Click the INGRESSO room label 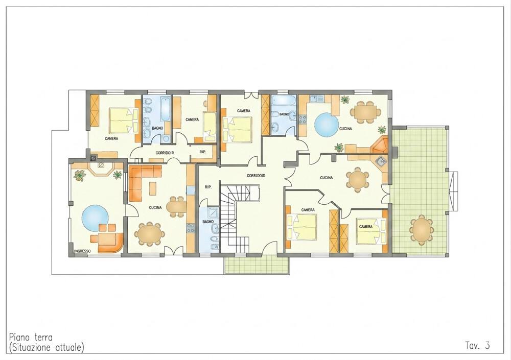click(x=82, y=251)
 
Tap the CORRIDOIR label click(x=165, y=153)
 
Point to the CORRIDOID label click(x=256, y=176)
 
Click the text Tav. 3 click(x=477, y=345)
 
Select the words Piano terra click(x=31, y=337)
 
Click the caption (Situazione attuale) click(x=47, y=347)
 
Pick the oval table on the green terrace click(x=422, y=230)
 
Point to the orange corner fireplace click(x=379, y=146)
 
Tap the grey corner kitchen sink click(x=380, y=160)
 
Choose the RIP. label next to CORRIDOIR click(x=202, y=152)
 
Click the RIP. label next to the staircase click(x=208, y=187)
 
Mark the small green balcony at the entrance click(x=257, y=263)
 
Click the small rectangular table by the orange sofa click(x=152, y=188)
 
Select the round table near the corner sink click(x=358, y=179)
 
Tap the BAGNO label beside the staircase click(x=208, y=222)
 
